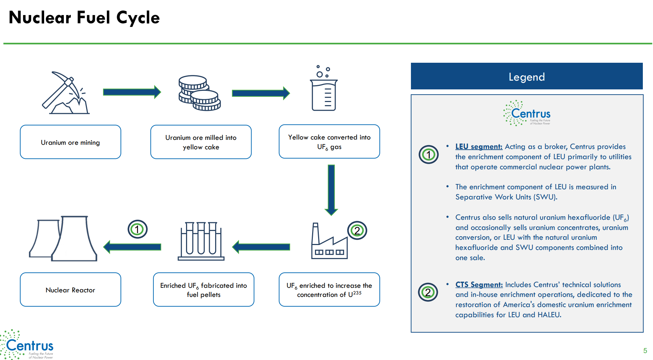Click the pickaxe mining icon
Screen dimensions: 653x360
tap(66, 93)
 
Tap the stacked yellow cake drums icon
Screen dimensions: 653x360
tap(199, 93)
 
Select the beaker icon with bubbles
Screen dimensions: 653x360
tap(324, 88)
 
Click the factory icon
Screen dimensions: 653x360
tap(329, 241)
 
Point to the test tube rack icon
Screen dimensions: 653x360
tap(201, 241)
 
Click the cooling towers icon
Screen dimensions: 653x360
tap(63, 238)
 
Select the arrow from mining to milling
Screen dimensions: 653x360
tap(132, 92)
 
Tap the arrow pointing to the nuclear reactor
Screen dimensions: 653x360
tap(132, 247)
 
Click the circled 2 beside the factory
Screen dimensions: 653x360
tap(357, 231)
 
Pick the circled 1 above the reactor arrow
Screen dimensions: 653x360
tap(137, 229)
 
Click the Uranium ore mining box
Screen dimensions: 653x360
tap(70, 142)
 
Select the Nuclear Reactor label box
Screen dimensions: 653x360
tap(70, 290)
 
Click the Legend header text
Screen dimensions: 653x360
tap(527, 77)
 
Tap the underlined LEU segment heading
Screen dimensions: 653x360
tap(479, 147)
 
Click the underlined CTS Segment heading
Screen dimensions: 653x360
tap(479, 285)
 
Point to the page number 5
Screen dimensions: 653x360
tap(645, 351)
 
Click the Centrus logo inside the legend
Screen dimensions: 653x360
tap(527, 113)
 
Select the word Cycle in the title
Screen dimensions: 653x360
tap(138, 18)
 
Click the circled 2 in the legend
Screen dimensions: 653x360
tap(428, 292)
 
